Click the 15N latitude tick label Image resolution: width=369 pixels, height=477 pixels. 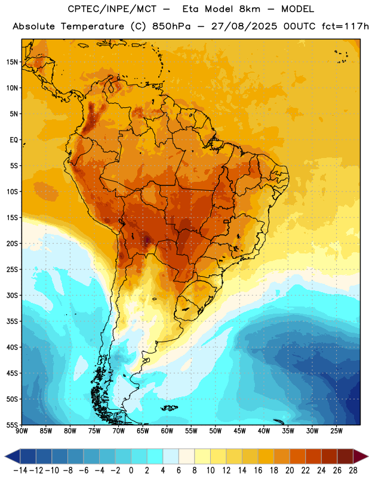[12, 62]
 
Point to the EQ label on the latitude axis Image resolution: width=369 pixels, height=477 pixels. [14, 140]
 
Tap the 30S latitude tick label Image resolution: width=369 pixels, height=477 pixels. [12, 295]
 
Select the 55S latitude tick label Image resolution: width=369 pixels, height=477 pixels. [12, 425]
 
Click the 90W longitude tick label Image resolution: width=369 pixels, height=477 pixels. [21, 431]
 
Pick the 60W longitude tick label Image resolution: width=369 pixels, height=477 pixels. [167, 431]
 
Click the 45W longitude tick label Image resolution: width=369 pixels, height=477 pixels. [239, 431]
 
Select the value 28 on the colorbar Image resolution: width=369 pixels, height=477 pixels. [353, 470]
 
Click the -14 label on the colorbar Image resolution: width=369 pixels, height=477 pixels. [20, 470]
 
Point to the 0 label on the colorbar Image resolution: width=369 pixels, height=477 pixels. [131, 470]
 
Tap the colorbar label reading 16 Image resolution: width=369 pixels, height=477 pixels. [258, 470]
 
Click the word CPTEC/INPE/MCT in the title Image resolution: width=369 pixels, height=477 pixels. [112, 9]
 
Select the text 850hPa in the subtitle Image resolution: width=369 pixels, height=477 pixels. [171, 26]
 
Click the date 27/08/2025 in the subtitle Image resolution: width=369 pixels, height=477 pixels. [244, 26]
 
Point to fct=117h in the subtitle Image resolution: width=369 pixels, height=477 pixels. [345, 26]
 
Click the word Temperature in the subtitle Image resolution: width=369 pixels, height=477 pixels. [93, 26]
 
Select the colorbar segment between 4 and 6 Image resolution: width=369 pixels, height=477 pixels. [171, 456]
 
